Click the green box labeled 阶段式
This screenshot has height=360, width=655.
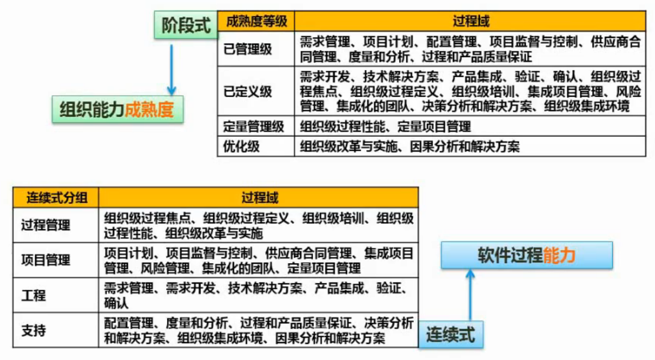[x=186, y=25]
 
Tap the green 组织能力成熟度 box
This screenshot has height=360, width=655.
[x=117, y=109]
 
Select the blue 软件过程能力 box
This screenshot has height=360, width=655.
[x=526, y=255]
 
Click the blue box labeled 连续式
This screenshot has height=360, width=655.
[x=451, y=335]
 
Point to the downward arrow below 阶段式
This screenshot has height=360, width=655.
[x=172, y=70]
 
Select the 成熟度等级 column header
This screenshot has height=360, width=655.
[x=256, y=22]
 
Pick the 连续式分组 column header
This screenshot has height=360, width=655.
[x=57, y=198]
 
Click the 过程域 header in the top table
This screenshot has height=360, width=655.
[x=470, y=22]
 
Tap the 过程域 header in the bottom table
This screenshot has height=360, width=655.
[x=259, y=198]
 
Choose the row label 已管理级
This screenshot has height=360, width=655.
[x=248, y=49]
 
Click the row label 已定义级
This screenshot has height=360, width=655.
[x=248, y=91]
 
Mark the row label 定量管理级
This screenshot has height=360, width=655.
[x=254, y=126]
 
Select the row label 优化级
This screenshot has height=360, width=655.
[x=241, y=147]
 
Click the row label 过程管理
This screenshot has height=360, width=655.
[x=45, y=225]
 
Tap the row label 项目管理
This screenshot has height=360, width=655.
[x=45, y=260]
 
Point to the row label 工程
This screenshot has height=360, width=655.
[x=33, y=295]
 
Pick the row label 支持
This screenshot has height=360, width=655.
[x=33, y=331]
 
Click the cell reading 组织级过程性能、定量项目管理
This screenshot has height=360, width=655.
[x=385, y=126]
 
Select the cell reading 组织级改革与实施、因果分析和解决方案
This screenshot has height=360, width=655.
[x=410, y=147]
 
